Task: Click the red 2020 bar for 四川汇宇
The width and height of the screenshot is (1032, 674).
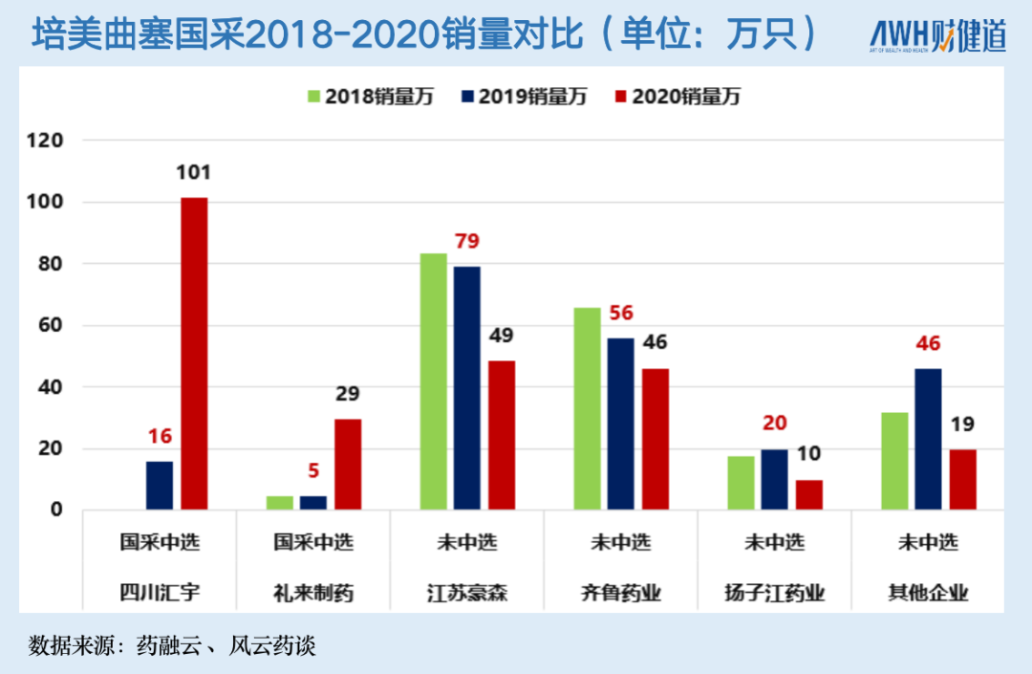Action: [194, 353]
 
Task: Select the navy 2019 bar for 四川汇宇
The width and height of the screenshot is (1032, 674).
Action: [160, 485]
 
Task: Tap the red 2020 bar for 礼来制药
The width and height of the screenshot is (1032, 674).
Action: [348, 464]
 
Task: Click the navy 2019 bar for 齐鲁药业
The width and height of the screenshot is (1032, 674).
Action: [620, 424]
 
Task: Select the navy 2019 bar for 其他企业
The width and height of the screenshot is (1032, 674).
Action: [928, 439]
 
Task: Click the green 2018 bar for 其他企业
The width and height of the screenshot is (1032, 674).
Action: [894, 461]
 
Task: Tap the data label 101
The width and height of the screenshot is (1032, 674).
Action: [193, 173]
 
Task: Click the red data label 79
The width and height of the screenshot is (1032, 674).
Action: [467, 241]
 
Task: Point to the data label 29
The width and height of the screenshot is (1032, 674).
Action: [348, 394]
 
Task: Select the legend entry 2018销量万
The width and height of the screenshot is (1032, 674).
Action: [369, 97]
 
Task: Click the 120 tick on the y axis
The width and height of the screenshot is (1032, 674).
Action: [45, 141]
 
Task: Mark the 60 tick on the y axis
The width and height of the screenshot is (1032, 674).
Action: [50, 326]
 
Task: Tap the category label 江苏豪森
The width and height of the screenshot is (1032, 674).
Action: [467, 594]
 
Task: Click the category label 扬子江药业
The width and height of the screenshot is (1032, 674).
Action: [775, 594]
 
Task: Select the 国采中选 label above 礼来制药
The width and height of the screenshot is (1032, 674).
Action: [313, 542]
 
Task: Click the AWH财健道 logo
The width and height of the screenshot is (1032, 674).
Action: [937, 36]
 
